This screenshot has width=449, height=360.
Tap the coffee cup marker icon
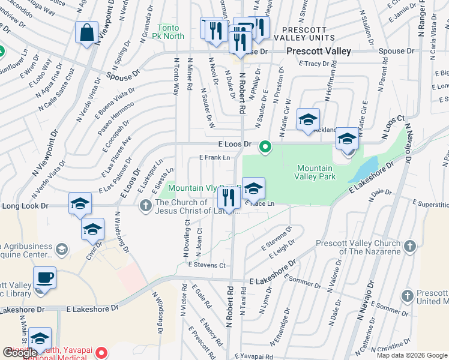coord(44,277)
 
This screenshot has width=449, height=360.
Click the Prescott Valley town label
coord(318,52)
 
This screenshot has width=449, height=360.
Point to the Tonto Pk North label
coord(170,32)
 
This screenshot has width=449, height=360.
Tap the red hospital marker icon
coord(103,353)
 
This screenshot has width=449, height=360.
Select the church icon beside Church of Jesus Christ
coord(145,206)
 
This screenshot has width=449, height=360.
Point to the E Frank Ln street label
coord(215,157)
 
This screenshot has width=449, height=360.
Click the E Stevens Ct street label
coord(206,265)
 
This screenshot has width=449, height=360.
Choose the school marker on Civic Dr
coord(92,229)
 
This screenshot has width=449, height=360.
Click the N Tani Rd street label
coord(244,307)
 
